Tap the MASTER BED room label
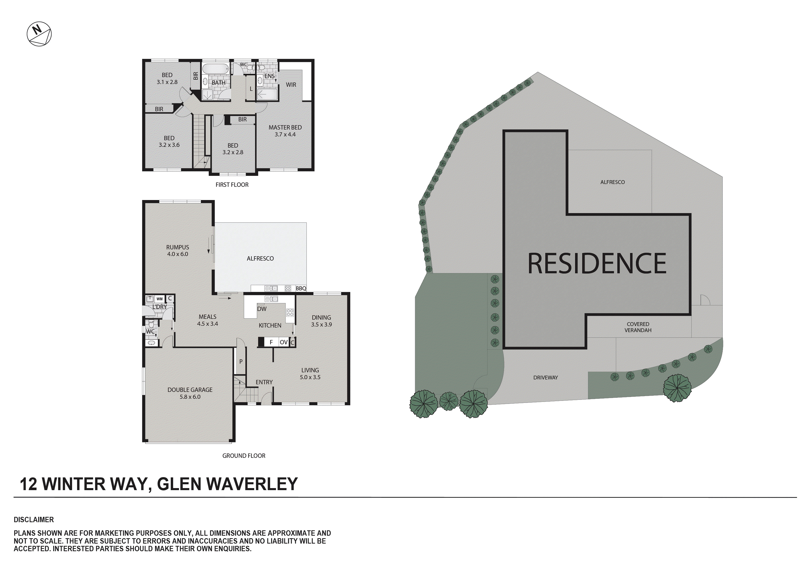[x=285, y=127]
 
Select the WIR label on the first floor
[x=291, y=85]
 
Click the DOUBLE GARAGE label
[x=190, y=390]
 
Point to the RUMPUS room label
[x=178, y=248]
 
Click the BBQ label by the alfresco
[x=301, y=289]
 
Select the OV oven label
[x=284, y=342]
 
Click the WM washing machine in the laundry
[x=160, y=299]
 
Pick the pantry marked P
[x=241, y=362]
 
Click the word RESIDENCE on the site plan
[x=597, y=263]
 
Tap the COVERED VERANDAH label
[x=638, y=327]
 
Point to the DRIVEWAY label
[x=546, y=378]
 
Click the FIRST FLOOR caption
[x=232, y=185]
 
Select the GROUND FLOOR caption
[x=244, y=456]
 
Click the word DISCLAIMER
[x=34, y=520]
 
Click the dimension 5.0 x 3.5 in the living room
[x=310, y=377]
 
